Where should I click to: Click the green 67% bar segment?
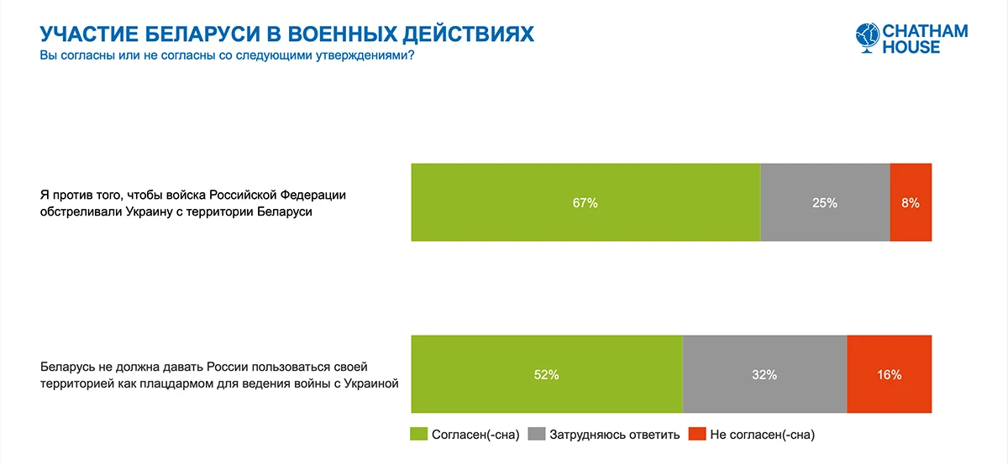[x=586, y=202]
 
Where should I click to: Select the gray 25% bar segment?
[x=825, y=202]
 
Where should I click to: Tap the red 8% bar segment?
[x=911, y=202]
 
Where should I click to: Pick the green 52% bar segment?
[x=547, y=374]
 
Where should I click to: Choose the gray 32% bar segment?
[x=764, y=374]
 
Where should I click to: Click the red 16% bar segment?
[x=890, y=374]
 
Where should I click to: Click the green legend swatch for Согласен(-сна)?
[x=418, y=434]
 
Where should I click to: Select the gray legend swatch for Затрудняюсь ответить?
[x=537, y=434]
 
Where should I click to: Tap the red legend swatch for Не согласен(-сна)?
[x=697, y=434]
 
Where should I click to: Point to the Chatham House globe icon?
[x=867, y=37]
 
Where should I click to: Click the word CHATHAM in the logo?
[x=925, y=31]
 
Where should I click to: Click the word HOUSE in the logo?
[x=911, y=47]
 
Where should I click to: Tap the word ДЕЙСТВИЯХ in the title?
[x=468, y=34]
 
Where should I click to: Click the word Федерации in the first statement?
[x=313, y=196]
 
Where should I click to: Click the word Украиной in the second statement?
[x=371, y=383]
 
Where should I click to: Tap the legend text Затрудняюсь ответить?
[x=614, y=435]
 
